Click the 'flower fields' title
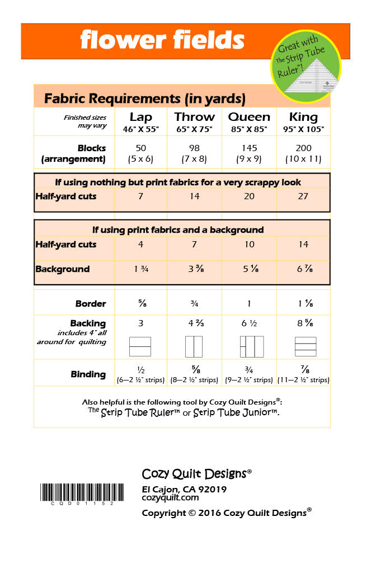pos(162,40)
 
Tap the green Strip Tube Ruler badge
pos(306,67)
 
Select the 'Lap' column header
pos(140,117)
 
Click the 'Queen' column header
pos(249,117)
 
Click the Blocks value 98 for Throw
pos(195,148)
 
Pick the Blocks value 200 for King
pos(304,148)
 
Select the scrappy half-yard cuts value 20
pos(249,196)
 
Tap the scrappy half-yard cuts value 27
pos(304,196)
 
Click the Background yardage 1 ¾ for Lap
pos(140,269)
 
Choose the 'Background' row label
pos(62,269)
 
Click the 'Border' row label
pos(91,304)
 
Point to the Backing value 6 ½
pos(249,323)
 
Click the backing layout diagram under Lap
pos(140,347)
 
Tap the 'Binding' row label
pos(88,374)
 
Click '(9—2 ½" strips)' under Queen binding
pos(249,380)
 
